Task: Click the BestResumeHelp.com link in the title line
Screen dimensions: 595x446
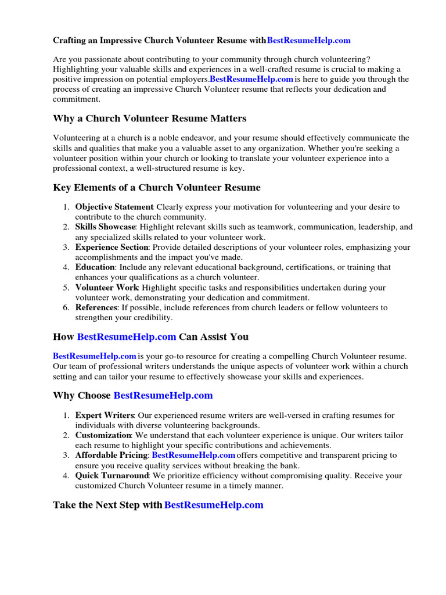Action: coord(308,41)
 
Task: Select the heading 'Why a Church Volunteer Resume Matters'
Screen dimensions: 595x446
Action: coord(149,119)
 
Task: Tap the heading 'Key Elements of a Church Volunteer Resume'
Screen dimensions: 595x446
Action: coord(157,188)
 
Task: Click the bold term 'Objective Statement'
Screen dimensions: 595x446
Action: coord(114,207)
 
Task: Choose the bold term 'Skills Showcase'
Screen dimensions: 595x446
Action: coord(105,227)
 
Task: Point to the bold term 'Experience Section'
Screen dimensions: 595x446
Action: coord(112,248)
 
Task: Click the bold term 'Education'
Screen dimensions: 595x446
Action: coord(95,267)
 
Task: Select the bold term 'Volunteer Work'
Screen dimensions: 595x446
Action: coord(107,288)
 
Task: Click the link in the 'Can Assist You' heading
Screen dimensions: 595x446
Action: coord(127,336)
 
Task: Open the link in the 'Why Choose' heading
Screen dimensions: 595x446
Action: coord(163,396)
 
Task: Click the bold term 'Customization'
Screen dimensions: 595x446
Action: coord(103,435)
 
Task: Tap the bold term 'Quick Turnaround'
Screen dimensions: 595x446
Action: coord(109,476)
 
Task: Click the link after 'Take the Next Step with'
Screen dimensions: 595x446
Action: coord(214,506)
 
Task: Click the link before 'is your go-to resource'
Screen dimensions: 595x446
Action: coord(95,356)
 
